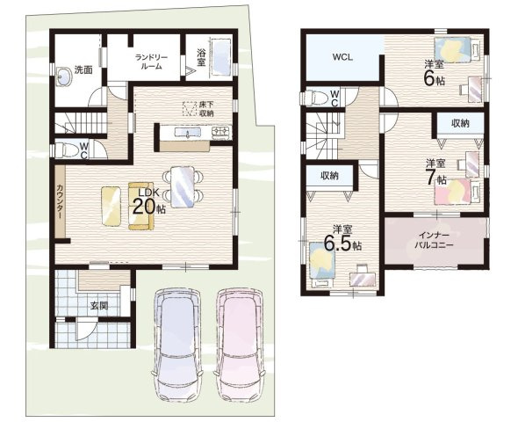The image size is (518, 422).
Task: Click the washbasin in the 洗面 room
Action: point(64,77)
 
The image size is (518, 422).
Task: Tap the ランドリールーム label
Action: point(152,62)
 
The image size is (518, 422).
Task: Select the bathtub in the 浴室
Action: point(220,59)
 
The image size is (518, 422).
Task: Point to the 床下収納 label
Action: point(206,109)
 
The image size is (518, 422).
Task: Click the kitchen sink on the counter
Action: point(187,133)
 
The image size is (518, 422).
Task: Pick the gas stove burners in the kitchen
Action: point(221,132)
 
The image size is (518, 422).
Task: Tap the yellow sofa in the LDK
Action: point(141,206)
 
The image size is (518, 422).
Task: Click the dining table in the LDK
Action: point(183,187)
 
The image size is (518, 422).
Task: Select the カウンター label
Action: point(60,201)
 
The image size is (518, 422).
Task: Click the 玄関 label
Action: point(99,306)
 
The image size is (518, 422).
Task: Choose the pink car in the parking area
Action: point(241,345)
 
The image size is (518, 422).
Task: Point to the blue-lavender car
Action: point(177,345)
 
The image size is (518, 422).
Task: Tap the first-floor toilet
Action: point(65,150)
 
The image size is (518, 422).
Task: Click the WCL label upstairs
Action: point(342,57)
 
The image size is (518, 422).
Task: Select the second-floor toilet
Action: point(313,98)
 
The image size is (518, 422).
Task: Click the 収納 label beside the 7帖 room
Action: point(460,123)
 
